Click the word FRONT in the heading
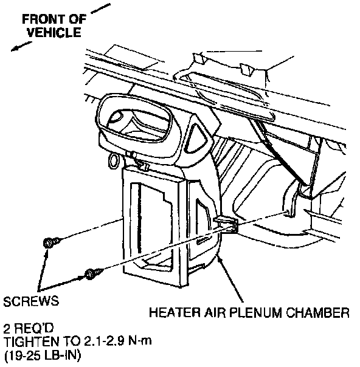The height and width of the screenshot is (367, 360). click(x=43, y=19)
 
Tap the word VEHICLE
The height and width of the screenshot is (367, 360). click(x=54, y=32)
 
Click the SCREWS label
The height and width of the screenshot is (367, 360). click(x=31, y=301)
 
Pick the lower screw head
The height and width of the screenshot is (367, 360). click(x=91, y=274)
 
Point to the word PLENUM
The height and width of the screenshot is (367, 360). click(x=255, y=312)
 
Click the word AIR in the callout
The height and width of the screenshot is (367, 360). click(x=215, y=312)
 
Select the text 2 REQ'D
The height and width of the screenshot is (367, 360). click(x=29, y=328)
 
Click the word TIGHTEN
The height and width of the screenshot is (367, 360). click(x=32, y=342)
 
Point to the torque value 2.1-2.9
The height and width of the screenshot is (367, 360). click(x=104, y=342)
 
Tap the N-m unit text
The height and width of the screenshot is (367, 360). click(x=140, y=342)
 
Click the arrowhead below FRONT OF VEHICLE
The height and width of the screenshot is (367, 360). click(x=15, y=49)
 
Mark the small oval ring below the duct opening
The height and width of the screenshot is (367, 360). click(x=113, y=160)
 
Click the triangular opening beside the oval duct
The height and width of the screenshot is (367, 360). click(x=196, y=138)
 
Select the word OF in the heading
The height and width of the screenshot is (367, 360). click(x=78, y=19)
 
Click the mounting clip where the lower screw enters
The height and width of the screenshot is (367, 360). click(x=226, y=224)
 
